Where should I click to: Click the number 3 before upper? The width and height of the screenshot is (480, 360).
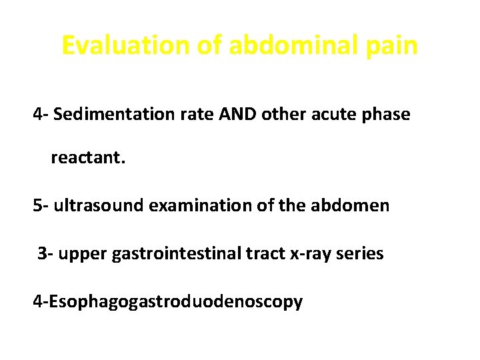(x=43, y=254)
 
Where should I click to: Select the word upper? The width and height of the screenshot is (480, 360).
(x=81, y=254)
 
